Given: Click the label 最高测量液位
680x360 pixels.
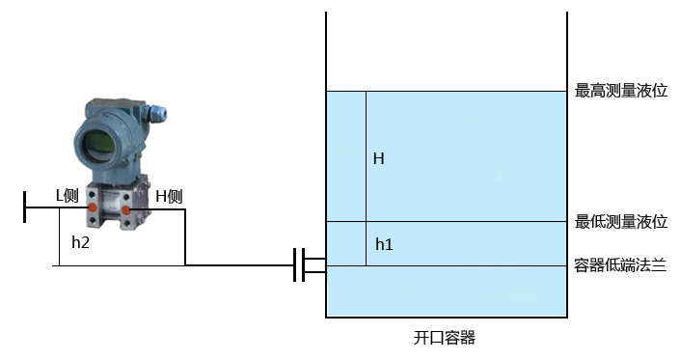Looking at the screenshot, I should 621,91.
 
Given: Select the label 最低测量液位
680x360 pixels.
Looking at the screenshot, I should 621,222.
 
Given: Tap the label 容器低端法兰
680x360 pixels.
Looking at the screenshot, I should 621,265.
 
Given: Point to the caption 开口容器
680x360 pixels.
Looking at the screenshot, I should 445,338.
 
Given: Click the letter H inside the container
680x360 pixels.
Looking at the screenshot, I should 379,158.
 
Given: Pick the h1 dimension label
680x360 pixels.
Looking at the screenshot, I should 384,244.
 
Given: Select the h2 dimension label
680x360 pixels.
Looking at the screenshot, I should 81,243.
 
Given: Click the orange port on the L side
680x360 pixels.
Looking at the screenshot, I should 92,208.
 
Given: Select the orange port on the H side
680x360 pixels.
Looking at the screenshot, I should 125,208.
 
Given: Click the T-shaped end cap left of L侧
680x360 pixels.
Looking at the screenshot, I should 25,207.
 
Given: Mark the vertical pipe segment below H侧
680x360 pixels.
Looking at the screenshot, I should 184,236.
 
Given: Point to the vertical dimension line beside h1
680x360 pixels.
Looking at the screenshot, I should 366,244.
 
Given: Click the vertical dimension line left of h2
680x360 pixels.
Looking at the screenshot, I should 59,236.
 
